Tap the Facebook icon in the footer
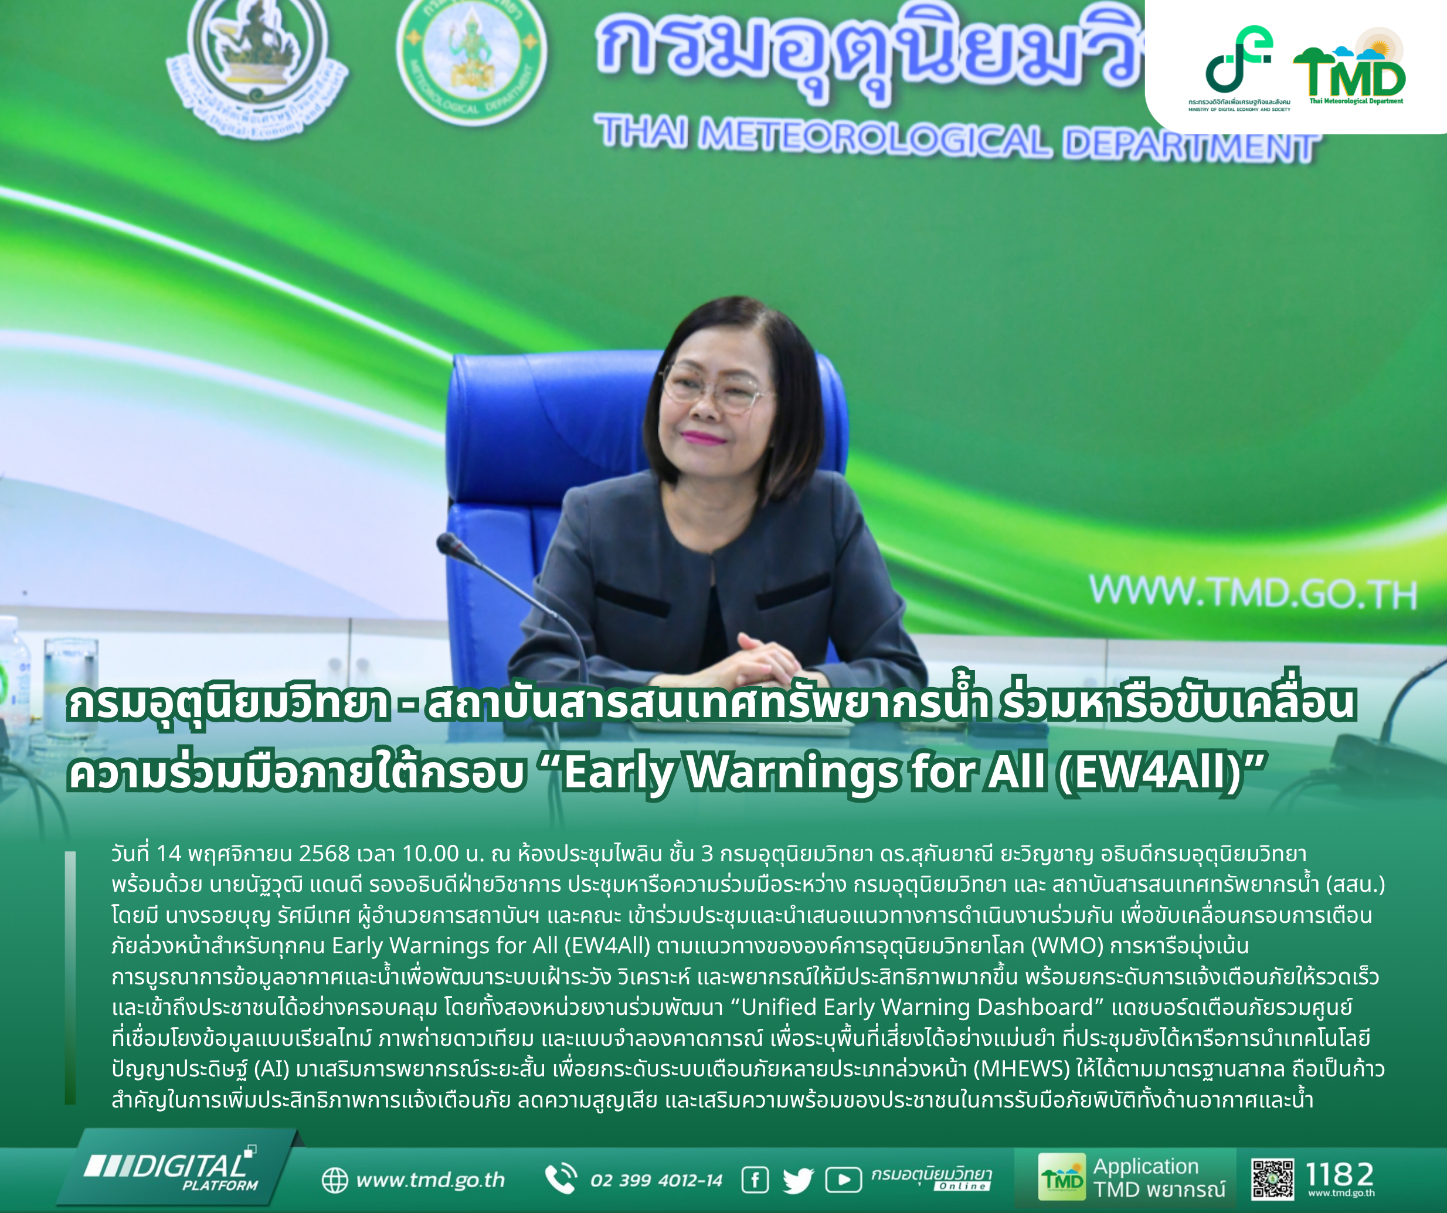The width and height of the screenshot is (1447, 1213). click(755, 1180)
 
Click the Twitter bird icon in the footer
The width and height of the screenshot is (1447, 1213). click(799, 1181)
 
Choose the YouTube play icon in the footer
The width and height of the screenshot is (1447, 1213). click(843, 1180)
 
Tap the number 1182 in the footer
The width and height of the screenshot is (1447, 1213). click(1340, 1174)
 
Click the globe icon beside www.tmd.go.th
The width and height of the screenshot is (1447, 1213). click(335, 1180)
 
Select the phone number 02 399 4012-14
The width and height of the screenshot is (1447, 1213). click(656, 1181)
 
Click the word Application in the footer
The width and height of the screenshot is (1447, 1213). click(1146, 1166)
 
